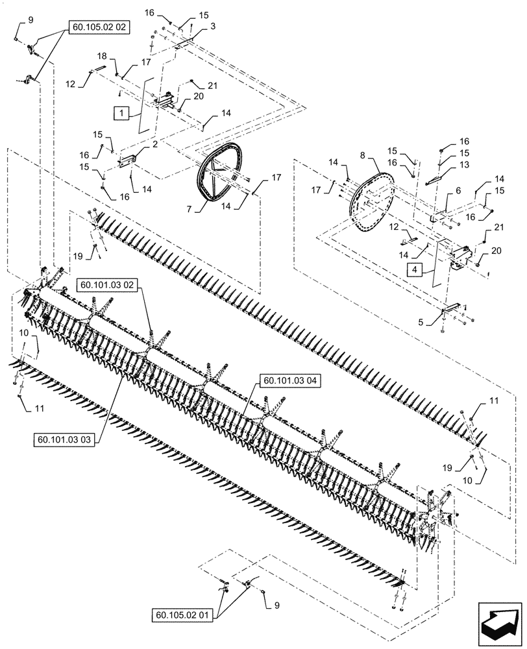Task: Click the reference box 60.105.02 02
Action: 98,28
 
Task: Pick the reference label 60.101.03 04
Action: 289,380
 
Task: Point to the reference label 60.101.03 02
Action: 108,284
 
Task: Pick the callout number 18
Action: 102,58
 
